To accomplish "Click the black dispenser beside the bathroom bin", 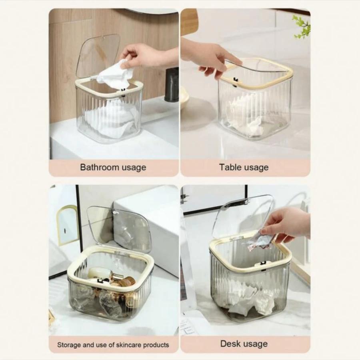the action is tap(172, 84).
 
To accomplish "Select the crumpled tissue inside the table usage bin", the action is tap(246, 117).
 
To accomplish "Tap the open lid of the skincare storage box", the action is tap(119, 227).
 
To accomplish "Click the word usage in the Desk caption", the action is tap(255, 344).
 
